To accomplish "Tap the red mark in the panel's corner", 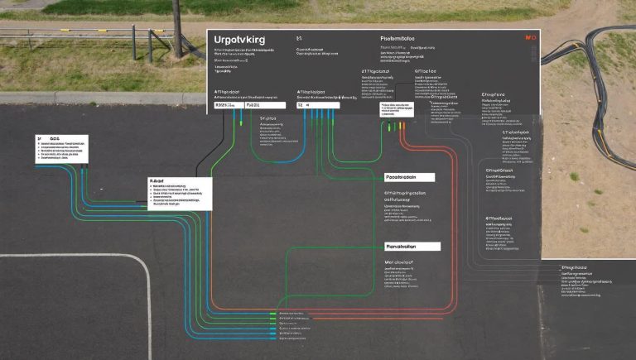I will coord(531,38).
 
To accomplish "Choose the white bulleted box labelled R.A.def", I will coord(180,193).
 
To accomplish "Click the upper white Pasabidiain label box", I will coord(411,177).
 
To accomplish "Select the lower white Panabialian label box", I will coord(412,247).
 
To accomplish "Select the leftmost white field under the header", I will coord(224,106).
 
